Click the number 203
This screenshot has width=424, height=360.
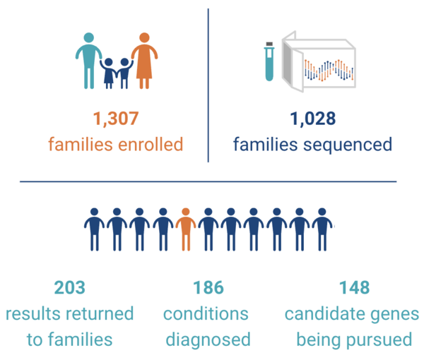tap(69, 288)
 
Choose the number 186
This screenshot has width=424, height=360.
tap(208, 288)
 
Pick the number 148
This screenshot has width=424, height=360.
tap(354, 288)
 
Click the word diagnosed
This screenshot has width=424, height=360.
tap(208, 340)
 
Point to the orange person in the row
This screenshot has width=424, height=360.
tap(186, 229)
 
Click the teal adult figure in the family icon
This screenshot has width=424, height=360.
tap(89, 59)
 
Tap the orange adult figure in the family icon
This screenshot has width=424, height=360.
tap(144, 60)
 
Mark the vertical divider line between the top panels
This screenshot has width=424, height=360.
tap(208, 85)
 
